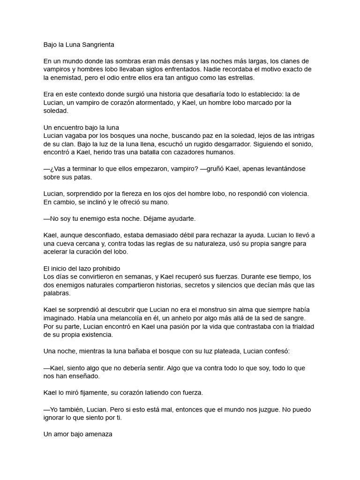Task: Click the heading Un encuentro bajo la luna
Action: tap(81, 127)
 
